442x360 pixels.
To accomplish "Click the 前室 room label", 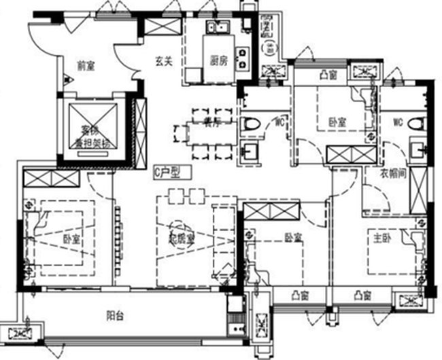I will [x=86, y=66].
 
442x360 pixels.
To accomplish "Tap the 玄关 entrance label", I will [x=163, y=61].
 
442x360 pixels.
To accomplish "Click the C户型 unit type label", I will [x=166, y=173].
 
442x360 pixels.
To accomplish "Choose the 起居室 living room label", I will [x=182, y=239].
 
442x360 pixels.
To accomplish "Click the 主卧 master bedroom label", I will [x=381, y=238].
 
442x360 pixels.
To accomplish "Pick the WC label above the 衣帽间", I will [x=398, y=123].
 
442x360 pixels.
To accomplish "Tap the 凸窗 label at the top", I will [x=329, y=75].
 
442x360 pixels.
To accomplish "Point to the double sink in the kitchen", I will [x=219, y=29].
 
